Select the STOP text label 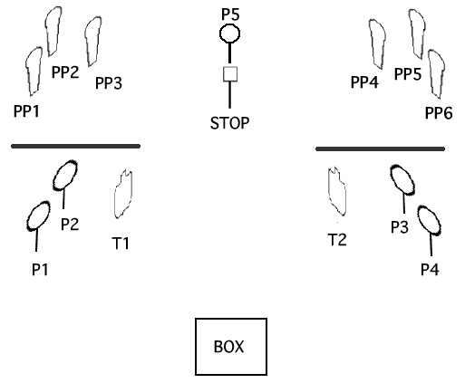click(229, 123)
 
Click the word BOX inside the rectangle click(228, 347)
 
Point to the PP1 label click(26, 111)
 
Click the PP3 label click(109, 83)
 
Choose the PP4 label click(364, 82)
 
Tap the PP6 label click(439, 113)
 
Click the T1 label click(121, 244)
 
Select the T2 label click(337, 240)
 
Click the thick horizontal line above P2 click(75, 147)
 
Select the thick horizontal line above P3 click(380, 148)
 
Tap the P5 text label click(230, 14)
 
